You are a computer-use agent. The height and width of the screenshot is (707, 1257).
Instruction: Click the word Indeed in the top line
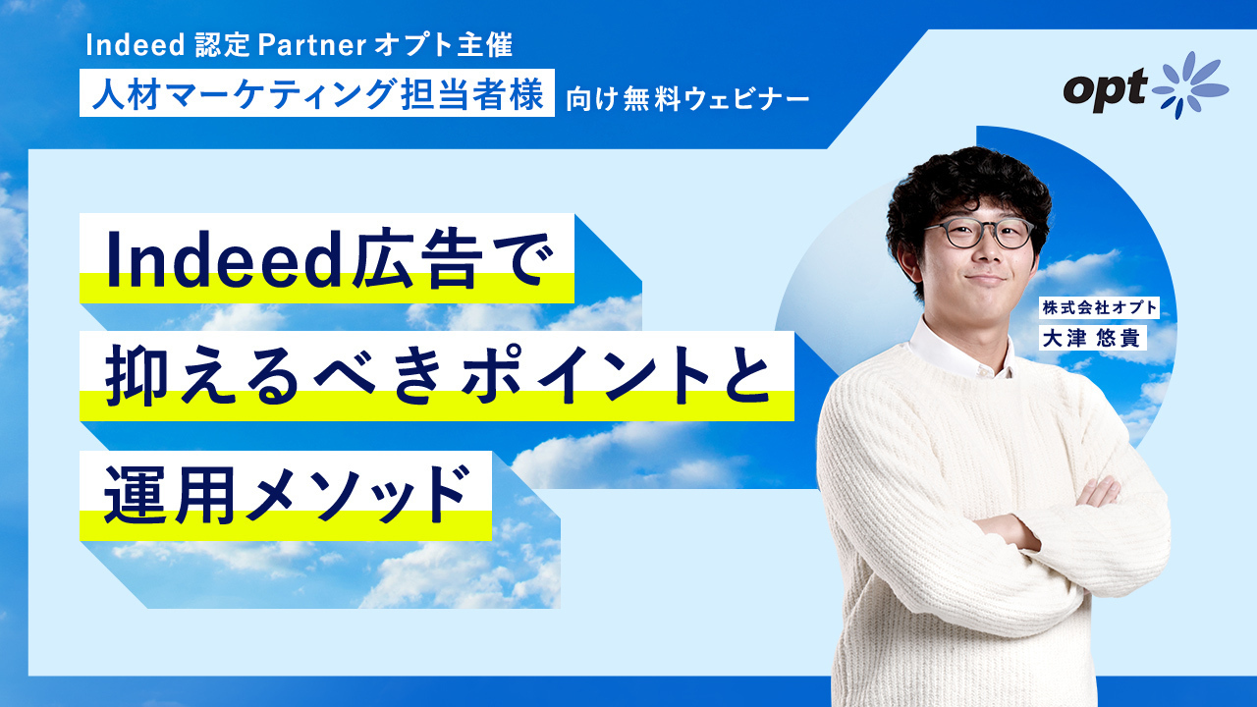click(x=135, y=45)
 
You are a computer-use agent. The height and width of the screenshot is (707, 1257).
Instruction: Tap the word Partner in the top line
click(x=312, y=45)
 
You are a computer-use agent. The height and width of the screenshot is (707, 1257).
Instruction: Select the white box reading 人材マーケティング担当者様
click(x=317, y=92)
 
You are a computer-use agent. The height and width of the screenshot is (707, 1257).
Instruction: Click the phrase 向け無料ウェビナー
click(x=688, y=100)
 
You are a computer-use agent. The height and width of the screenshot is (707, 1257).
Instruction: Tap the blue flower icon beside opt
click(x=1189, y=85)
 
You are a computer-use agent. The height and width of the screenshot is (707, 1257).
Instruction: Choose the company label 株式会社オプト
click(x=1099, y=307)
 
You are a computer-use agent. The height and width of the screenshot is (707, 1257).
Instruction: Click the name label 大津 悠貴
click(x=1091, y=339)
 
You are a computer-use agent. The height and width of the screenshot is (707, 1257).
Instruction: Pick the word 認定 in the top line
click(x=222, y=45)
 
